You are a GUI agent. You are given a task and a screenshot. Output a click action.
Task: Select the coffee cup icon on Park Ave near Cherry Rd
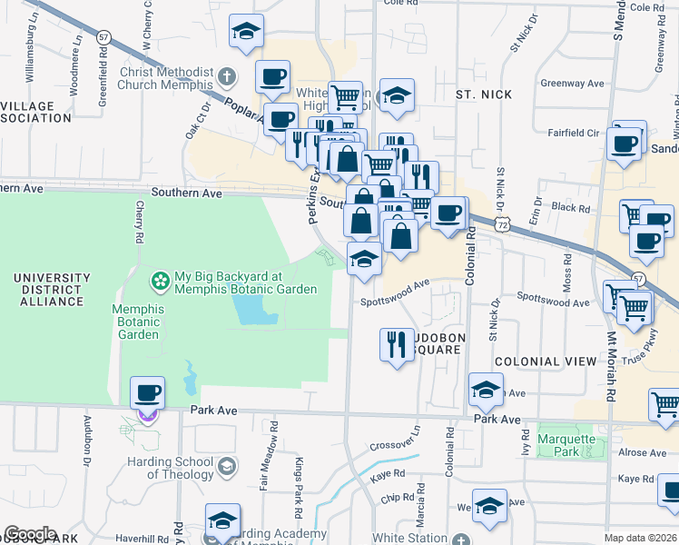tap(147, 393)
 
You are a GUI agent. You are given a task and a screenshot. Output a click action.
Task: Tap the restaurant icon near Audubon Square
tap(396, 344)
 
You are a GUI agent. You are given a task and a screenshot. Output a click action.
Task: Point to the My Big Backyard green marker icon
tap(161, 282)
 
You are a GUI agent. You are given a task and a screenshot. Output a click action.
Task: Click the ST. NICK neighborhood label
tap(483, 94)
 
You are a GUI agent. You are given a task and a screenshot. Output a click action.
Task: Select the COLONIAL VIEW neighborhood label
tap(539, 362)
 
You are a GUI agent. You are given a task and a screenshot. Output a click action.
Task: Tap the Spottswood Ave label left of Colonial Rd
tap(394, 289)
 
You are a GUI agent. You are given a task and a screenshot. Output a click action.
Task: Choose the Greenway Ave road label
tap(572, 84)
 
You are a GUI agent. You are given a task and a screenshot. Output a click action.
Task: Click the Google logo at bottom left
tap(30, 533)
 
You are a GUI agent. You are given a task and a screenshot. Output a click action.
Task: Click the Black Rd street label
tap(571, 208)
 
